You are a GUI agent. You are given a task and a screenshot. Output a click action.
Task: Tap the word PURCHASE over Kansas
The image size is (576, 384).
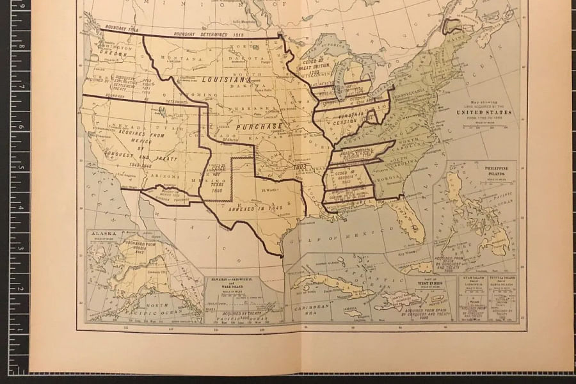click(259, 127)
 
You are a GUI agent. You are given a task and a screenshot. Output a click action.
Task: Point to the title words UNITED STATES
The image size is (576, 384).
click(483, 112)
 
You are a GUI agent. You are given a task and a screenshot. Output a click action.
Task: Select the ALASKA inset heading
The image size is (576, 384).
click(104, 234)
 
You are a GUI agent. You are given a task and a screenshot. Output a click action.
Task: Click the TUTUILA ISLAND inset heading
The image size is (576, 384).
click(502, 280)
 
